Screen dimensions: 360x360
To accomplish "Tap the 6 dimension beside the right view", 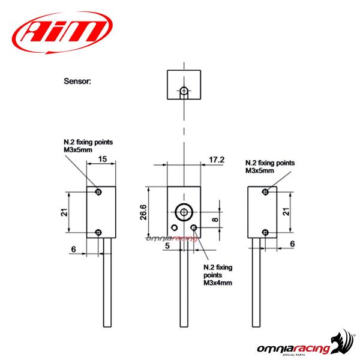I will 292,244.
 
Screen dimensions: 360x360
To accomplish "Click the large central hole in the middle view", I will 184,212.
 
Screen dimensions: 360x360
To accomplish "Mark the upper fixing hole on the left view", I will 99,192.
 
